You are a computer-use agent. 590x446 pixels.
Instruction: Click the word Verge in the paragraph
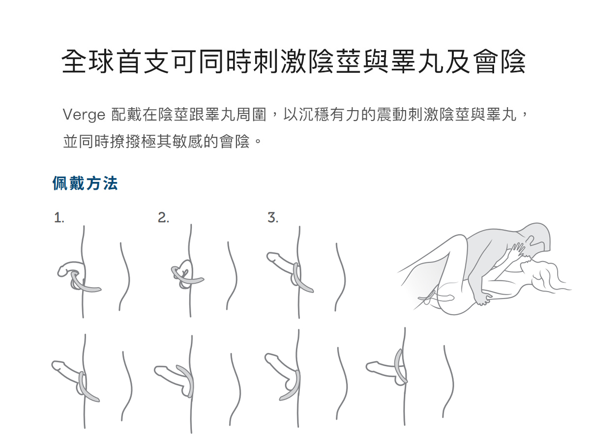84,115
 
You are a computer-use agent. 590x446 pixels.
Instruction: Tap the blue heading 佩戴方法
85,183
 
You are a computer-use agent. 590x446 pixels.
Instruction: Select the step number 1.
59,217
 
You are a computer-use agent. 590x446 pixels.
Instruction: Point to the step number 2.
163,217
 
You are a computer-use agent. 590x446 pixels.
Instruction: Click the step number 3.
273,217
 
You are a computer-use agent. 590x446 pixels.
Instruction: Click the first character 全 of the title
74,61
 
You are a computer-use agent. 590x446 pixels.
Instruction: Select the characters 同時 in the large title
225,61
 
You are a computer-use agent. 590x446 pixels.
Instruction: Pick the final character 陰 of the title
513,61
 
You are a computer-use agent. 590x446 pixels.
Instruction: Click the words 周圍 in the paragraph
251,115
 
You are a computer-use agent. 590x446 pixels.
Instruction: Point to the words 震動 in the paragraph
392,115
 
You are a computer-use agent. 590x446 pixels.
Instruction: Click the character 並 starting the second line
71,142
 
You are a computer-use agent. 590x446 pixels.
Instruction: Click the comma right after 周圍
274,116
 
